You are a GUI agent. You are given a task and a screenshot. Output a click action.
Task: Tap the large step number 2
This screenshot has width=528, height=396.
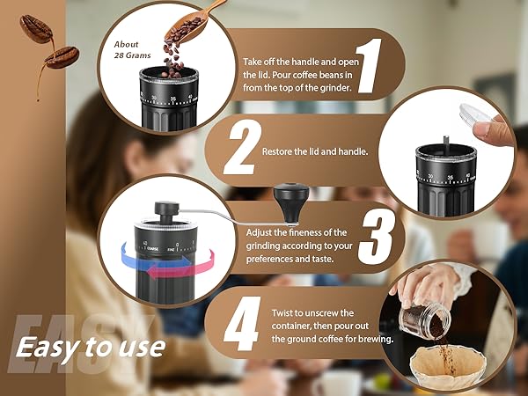pyautogui.click(x=238, y=150)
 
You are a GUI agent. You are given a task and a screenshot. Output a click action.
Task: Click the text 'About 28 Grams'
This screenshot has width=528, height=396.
pyautogui.click(x=127, y=49)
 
